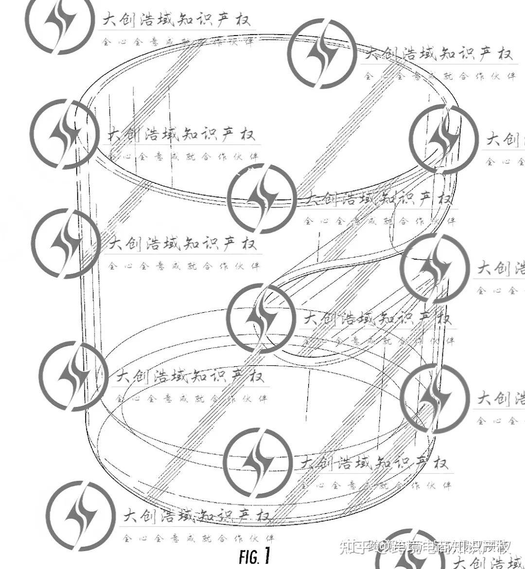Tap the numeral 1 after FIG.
tap(266, 555)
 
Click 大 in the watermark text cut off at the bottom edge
tap(461, 563)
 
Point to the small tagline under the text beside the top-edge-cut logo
tap(177, 42)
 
